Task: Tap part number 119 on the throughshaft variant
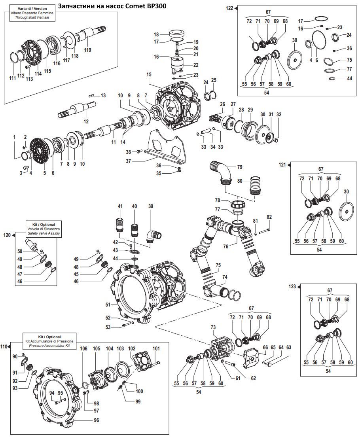87,50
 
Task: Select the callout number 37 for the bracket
128,161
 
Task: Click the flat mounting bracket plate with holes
166,148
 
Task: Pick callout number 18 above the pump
156,34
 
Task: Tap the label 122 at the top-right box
229,8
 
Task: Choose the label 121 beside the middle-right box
282,164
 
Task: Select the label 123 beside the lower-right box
292,286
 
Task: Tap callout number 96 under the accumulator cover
96,420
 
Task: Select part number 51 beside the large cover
108,305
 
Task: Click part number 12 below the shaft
86,121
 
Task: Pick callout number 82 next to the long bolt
269,217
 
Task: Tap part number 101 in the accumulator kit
156,348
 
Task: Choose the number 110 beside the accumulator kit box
4,346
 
